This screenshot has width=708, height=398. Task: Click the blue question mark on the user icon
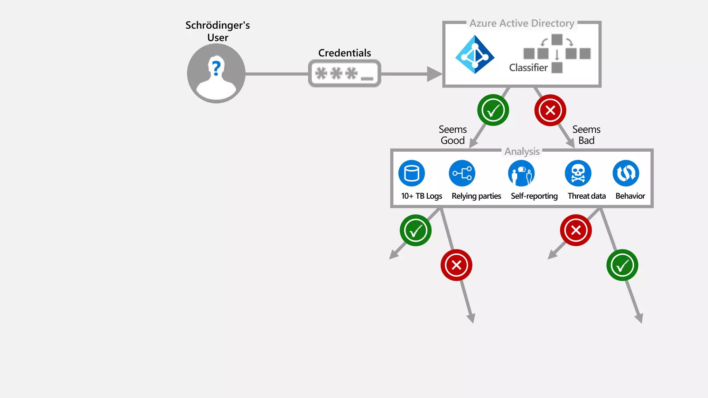[216, 68]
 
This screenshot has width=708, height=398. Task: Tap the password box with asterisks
[344, 73]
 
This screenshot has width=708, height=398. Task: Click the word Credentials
[344, 53]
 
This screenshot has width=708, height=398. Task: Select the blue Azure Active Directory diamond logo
[475, 55]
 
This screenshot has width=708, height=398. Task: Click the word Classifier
[528, 68]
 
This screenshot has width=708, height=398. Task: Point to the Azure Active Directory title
[522, 23]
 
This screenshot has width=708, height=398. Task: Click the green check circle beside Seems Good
[493, 110]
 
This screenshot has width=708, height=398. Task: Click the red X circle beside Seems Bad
[550, 110]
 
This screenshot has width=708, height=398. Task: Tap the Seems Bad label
[586, 135]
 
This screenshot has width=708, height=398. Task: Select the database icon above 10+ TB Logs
[411, 173]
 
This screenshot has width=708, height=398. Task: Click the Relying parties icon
[462, 173]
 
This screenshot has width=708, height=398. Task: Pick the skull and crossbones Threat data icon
[578, 173]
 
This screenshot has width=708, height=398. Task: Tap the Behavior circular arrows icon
[626, 173]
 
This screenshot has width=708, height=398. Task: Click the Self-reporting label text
[534, 196]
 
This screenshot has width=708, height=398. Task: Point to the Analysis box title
[522, 151]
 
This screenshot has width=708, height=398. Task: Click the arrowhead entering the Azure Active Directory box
[434, 74]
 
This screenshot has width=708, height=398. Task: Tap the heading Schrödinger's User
[217, 31]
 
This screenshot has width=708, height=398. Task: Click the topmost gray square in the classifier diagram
[557, 40]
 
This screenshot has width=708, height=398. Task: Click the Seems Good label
[453, 135]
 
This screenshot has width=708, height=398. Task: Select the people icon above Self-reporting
[521, 173]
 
